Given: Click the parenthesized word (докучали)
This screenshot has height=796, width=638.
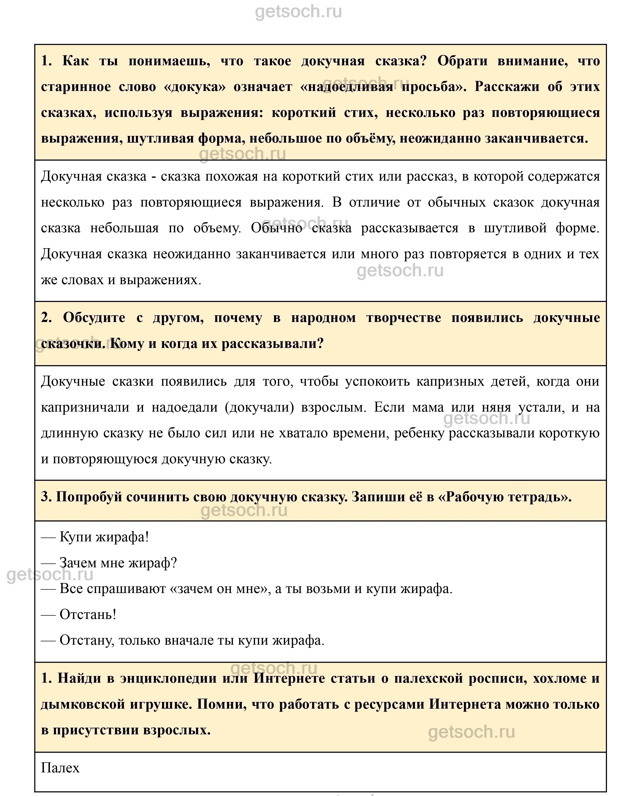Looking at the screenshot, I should (x=259, y=407).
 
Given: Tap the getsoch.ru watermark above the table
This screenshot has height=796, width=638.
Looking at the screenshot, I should (x=298, y=12).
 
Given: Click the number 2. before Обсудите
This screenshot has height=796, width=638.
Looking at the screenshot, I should (x=46, y=318).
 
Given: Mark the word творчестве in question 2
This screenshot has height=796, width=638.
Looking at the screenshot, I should (x=404, y=318).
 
